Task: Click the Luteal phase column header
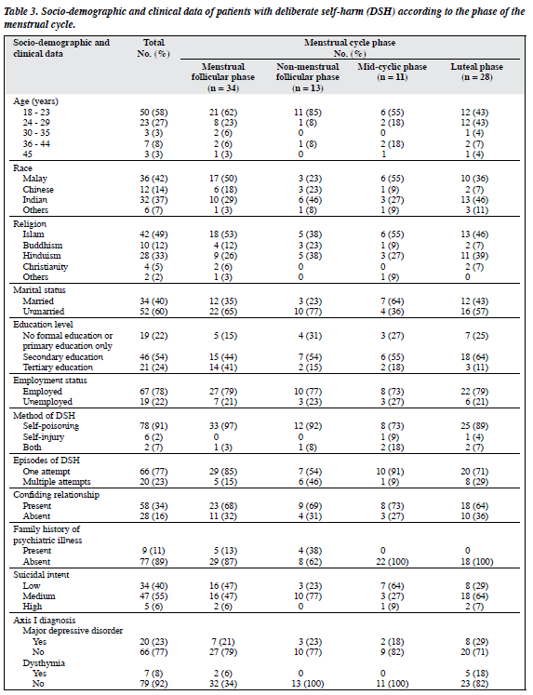477,72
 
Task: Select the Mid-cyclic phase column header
393,72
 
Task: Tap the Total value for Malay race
153,179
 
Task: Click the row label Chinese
38,189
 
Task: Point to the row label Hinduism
42,256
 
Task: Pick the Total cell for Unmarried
153,312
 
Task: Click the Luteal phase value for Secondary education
474,357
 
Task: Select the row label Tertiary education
58,368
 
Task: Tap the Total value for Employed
153,392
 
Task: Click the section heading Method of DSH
45,415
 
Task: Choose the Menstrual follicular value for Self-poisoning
223,426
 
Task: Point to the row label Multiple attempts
57,482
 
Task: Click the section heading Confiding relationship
56,495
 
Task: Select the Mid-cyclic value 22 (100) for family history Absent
393,562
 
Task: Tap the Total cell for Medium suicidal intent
153,596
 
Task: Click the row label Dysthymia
44,663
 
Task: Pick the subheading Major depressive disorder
73,630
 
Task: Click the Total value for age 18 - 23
153,113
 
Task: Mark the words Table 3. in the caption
20,11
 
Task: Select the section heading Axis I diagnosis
45,620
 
